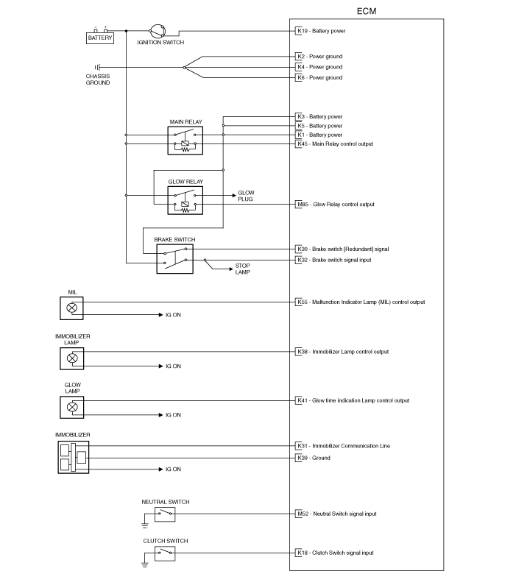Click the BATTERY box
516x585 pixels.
tap(100, 38)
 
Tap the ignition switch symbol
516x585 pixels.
tap(157, 31)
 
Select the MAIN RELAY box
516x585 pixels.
tap(185, 141)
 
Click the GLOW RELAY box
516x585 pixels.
tap(185, 200)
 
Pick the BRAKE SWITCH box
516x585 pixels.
tap(174, 259)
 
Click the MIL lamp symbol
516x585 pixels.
tap(71, 308)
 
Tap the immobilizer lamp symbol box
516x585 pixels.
tap(71, 358)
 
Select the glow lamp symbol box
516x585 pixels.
tap(71, 407)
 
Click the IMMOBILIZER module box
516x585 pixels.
tap(73, 458)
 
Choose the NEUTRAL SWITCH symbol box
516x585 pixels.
tap(165, 514)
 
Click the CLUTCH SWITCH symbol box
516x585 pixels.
tap(165, 553)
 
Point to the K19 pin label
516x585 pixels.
tap(303, 31)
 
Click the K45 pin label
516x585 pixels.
tap(303, 144)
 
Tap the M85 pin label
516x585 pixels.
tap(303, 205)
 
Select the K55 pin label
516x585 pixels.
tap(303, 302)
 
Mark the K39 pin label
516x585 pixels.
tap(303, 458)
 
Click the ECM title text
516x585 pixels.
tap(367, 11)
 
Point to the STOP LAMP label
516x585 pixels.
tap(242, 269)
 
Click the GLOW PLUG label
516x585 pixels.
tap(246, 196)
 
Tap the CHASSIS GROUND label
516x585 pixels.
tap(98, 79)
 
